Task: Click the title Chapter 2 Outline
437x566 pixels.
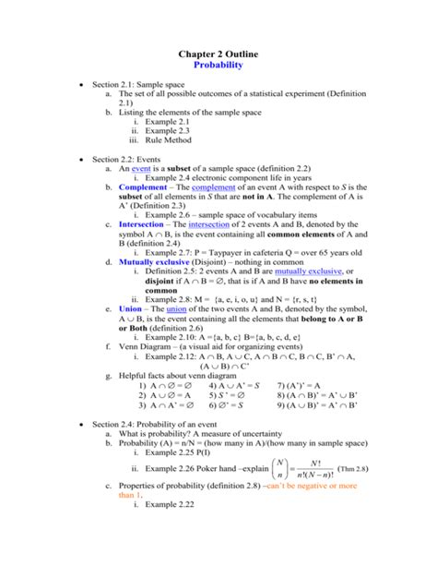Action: tap(218, 55)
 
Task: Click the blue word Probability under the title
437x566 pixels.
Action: tap(218, 68)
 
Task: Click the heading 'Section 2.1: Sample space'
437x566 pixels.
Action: tap(146, 83)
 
